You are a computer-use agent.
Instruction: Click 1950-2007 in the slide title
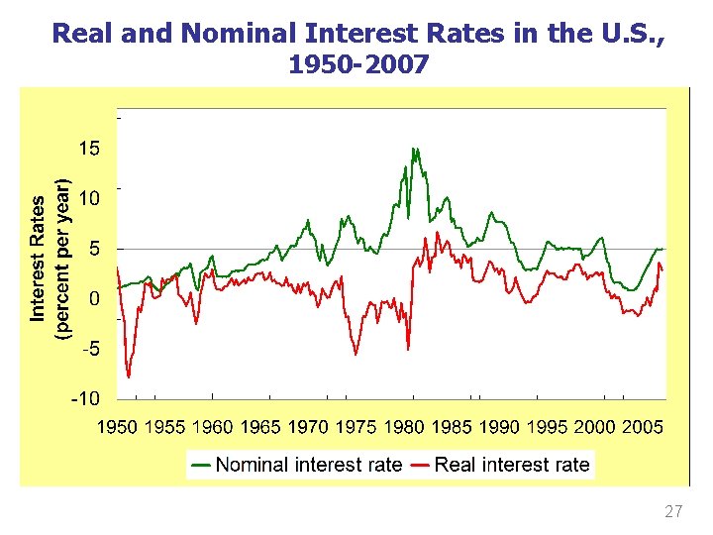coord(358,65)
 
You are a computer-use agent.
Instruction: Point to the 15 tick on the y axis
coord(89,149)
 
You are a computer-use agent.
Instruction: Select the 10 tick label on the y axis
coord(89,198)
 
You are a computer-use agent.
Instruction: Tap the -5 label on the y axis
coord(88,349)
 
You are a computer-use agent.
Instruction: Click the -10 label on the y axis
coord(84,398)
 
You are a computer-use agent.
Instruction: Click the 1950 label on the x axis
coord(117,427)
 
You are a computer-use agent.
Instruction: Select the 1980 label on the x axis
coord(404,427)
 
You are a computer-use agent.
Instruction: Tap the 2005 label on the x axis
coord(643,427)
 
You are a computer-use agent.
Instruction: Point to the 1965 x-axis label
coord(260,427)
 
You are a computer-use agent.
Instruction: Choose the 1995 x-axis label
coord(548,427)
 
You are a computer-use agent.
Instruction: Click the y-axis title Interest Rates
coord(38,258)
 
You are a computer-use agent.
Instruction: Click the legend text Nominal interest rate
coord(309,464)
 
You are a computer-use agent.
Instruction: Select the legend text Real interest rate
coord(511,464)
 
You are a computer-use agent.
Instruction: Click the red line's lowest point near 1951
coord(129,377)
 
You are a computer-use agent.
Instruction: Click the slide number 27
coord(673,512)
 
